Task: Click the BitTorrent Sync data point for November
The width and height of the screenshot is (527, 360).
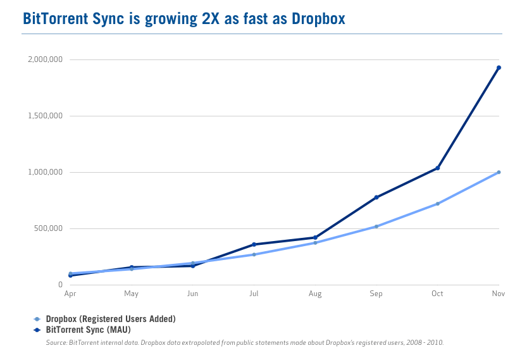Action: coord(499,68)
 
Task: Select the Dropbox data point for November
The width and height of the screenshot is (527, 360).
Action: coord(499,172)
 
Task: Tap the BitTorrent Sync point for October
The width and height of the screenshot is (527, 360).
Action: coord(437,168)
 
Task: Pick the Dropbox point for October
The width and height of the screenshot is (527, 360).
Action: coord(437,204)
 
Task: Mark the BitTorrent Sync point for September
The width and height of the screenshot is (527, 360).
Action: coord(376,197)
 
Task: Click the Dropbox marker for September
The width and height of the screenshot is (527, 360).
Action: coord(376,227)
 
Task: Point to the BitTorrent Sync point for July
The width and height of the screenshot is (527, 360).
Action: coord(254,244)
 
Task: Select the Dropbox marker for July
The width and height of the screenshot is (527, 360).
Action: coord(254,254)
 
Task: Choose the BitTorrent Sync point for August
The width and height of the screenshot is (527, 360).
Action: coord(315,238)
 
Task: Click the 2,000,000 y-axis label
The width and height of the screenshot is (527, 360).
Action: coord(44,59)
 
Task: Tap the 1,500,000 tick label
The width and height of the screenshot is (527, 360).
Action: coord(44,116)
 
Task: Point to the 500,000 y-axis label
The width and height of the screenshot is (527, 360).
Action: coord(48,228)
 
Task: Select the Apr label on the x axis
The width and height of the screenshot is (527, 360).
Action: coord(70,294)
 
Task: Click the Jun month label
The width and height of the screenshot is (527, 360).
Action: coord(192,294)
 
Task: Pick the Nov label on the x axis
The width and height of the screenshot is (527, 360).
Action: coord(498,294)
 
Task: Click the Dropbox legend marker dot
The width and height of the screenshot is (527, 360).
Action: coord(37,319)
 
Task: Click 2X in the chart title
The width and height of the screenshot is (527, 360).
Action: coord(214,18)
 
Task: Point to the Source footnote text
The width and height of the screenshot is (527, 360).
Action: coord(245,342)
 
